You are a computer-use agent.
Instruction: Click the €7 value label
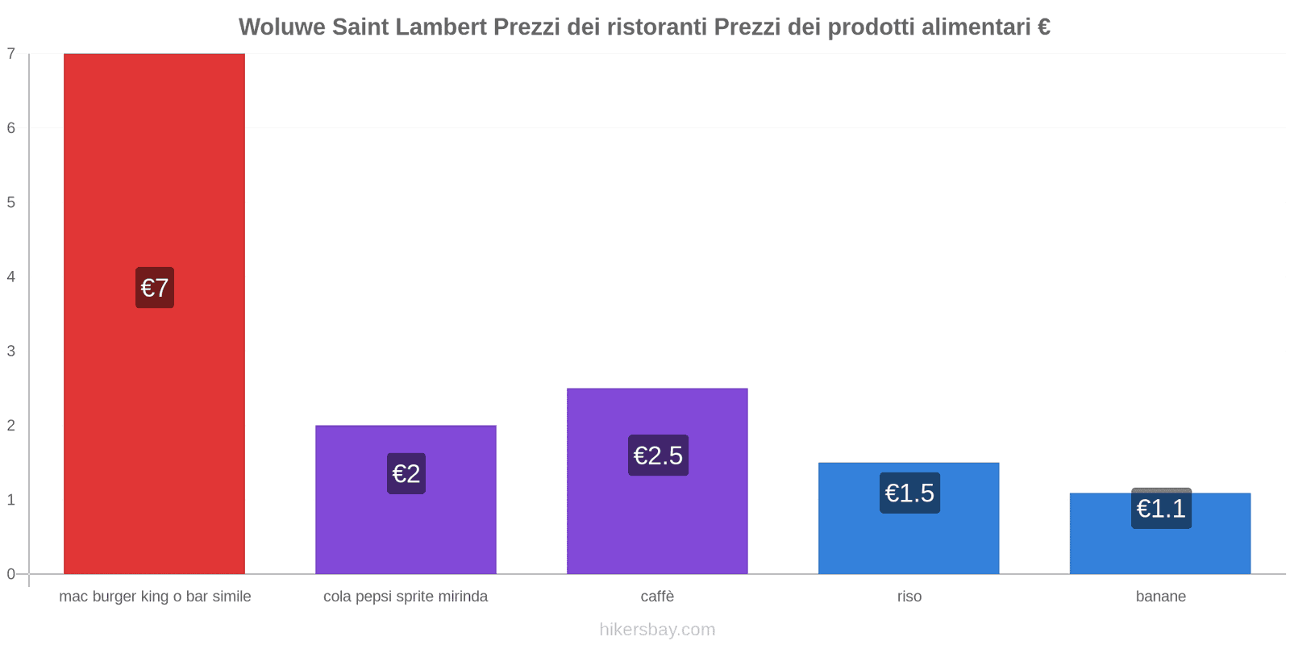click(x=155, y=288)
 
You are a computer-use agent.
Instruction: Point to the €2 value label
click(x=406, y=473)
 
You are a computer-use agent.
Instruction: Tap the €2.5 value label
click(x=658, y=456)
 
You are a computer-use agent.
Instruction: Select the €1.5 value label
click(x=909, y=493)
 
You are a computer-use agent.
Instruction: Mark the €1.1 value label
click(x=1161, y=509)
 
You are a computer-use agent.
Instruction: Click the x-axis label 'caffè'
click(x=657, y=597)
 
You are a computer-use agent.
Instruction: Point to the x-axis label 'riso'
click(x=909, y=597)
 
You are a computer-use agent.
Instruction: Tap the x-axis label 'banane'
click(x=1160, y=597)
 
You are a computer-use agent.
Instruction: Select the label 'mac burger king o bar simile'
click(x=155, y=597)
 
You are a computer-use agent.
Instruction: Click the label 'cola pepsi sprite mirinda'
click(x=406, y=597)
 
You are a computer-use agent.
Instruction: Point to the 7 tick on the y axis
click(x=11, y=54)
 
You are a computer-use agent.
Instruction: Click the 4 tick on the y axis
click(x=11, y=277)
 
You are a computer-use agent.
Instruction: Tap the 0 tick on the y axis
click(x=11, y=574)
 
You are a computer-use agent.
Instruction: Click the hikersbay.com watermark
click(x=657, y=630)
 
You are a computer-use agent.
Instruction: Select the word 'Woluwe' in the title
click(x=281, y=27)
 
